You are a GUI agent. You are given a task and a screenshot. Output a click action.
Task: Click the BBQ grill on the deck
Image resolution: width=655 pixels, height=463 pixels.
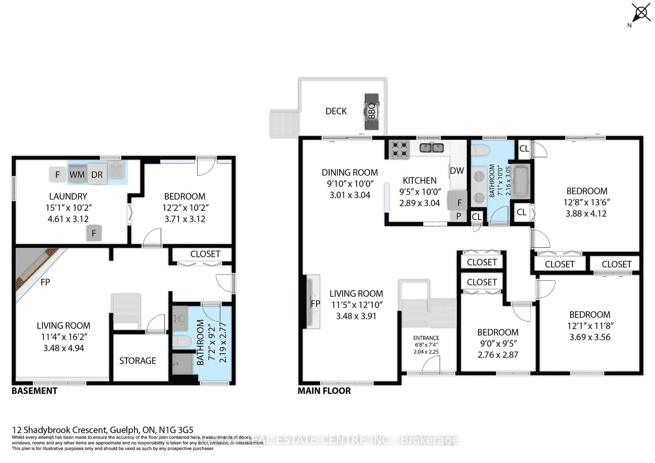coord(372,111)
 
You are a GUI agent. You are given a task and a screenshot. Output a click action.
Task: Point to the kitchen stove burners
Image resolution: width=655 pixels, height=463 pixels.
coord(399,150)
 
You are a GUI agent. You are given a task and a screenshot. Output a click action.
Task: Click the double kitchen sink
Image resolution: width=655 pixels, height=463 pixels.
coord(432,148)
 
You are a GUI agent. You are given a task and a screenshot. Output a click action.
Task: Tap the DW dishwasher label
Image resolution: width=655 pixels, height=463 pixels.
coord(457,171)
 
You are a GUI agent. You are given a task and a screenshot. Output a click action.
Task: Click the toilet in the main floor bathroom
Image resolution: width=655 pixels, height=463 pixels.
coord(480,150)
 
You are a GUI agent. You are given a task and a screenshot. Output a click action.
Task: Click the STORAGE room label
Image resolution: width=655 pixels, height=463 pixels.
coord(137,361)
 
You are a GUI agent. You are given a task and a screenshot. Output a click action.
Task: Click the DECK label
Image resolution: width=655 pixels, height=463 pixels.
coord(336,111)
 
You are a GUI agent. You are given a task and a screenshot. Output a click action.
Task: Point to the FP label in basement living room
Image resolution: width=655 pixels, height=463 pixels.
coord(45,282)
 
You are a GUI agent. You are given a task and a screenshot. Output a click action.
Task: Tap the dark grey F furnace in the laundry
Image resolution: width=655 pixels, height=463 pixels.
coord(94,233)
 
